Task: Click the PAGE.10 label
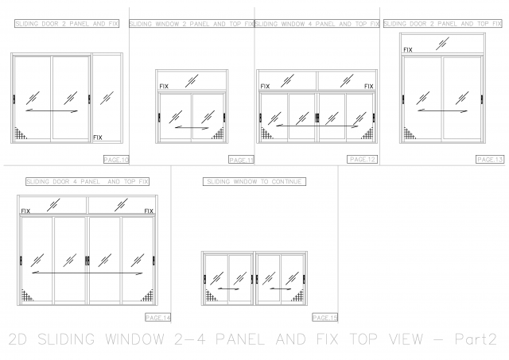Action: [116, 160]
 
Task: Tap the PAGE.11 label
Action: [240, 160]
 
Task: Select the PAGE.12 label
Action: [362, 160]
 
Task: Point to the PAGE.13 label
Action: [489, 159]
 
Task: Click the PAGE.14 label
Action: [158, 317]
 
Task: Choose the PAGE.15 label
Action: [325, 317]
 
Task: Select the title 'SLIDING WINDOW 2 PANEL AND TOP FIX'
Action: [191, 25]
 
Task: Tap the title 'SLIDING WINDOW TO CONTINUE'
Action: [255, 182]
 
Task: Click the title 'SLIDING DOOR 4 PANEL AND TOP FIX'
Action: [88, 182]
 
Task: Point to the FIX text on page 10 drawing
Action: [98, 137]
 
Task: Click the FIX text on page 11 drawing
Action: [164, 86]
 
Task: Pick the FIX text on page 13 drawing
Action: [408, 50]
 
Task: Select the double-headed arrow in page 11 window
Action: [191, 126]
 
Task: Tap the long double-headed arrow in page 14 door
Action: [87, 273]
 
